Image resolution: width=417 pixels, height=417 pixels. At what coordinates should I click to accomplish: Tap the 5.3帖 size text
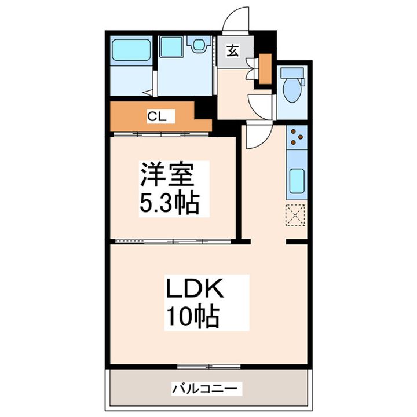click(169, 203)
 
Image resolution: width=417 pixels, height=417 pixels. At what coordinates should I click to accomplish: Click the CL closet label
click(156, 117)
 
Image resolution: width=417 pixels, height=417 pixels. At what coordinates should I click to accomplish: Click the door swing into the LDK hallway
click(255, 136)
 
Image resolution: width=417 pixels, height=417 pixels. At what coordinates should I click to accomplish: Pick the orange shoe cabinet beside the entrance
click(265, 68)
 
